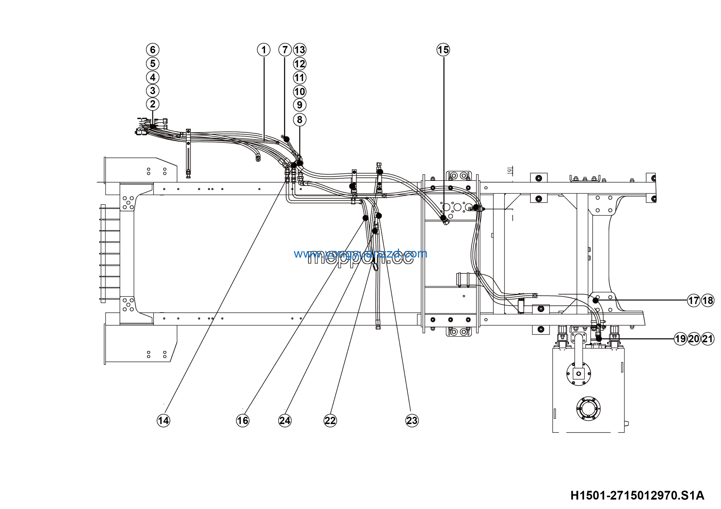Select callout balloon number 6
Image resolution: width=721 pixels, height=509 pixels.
tap(153, 50)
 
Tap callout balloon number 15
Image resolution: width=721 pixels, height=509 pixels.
tap(443, 50)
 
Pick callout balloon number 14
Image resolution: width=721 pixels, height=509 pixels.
tap(163, 421)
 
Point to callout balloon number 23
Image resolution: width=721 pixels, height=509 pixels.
tap(412, 421)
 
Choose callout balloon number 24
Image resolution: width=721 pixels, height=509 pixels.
tap(285, 421)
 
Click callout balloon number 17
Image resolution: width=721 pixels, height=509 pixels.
tap(694, 301)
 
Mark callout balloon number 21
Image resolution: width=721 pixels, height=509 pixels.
tap(708, 339)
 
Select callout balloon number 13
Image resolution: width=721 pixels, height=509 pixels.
tap(300, 50)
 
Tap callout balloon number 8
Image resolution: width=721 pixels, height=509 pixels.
tap(300, 120)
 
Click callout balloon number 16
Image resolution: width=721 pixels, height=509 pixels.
tap(242, 421)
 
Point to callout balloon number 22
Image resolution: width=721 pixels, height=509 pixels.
tap(330, 421)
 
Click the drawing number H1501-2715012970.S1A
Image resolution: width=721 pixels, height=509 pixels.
tap(637, 495)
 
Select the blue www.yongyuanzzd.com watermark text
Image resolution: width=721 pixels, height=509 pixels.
tap(360, 254)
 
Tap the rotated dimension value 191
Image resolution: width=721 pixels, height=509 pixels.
tap(510, 171)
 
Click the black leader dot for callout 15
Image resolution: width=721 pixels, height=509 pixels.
tap(443, 217)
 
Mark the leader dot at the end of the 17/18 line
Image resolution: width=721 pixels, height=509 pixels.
tap(595, 301)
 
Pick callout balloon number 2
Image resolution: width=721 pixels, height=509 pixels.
tap(153, 104)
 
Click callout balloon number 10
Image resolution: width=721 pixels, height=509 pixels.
tap(300, 91)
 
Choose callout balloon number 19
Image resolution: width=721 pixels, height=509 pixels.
tap(680, 339)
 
